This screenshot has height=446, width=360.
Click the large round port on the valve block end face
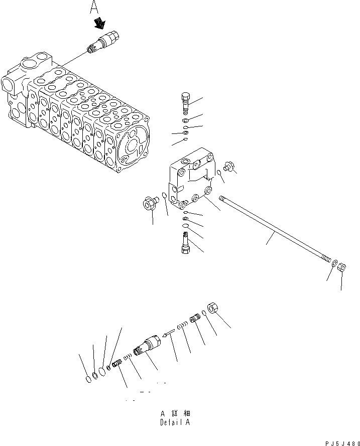[133, 146]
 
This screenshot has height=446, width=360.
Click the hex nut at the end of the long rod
[340, 267]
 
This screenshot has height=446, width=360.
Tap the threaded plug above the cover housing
[185, 103]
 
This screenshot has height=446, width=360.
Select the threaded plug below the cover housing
[184, 246]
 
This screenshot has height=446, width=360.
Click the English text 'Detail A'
[174, 422]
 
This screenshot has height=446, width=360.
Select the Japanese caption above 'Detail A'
[174, 414]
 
